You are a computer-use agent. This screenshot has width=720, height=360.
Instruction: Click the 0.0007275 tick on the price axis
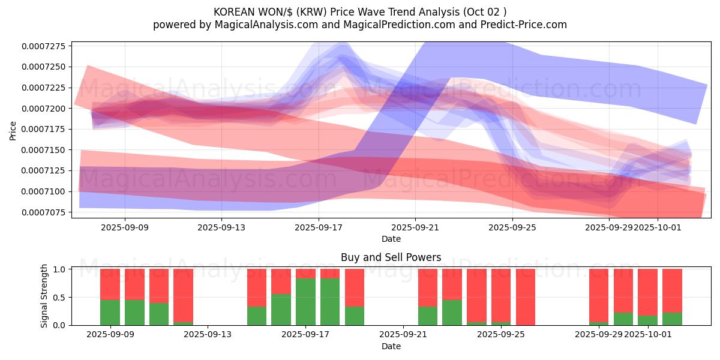click(46, 46)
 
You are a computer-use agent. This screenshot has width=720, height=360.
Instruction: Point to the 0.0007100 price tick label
click(46, 191)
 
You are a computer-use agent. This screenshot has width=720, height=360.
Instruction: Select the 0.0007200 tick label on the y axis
click(46, 109)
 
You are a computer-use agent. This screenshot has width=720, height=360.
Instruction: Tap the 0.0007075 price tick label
click(46, 212)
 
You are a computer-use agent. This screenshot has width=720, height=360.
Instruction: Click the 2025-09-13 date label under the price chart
click(221, 227)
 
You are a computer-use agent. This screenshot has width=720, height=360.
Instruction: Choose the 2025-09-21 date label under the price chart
click(415, 227)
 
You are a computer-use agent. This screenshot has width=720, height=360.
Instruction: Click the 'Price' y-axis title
click(13, 130)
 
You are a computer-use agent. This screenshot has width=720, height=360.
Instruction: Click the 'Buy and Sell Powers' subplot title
click(391, 257)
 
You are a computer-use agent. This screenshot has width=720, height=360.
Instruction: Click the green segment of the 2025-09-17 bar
click(305, 302)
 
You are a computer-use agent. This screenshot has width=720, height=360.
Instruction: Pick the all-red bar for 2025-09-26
click(525, 297)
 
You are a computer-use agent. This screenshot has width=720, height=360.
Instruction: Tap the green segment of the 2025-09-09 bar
click(110, 312)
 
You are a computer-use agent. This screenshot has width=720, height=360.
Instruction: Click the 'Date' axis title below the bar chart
click(391, 346)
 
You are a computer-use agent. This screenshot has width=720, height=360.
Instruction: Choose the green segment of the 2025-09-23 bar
click(452, 312)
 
